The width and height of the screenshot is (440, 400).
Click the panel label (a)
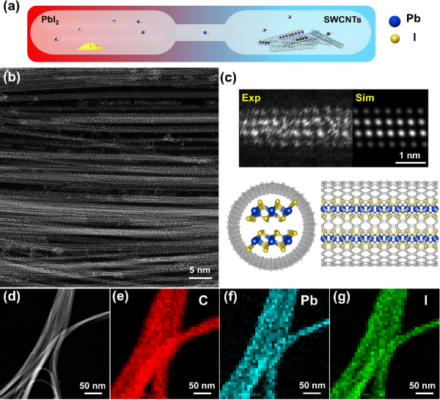pyautogui.click(x=12, y=9)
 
